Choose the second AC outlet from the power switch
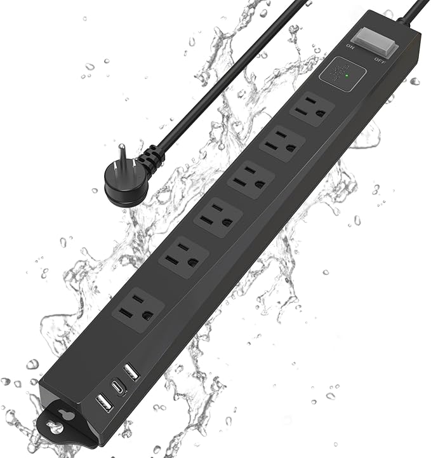282,144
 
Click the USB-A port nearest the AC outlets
132,370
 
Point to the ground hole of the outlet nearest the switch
321,112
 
